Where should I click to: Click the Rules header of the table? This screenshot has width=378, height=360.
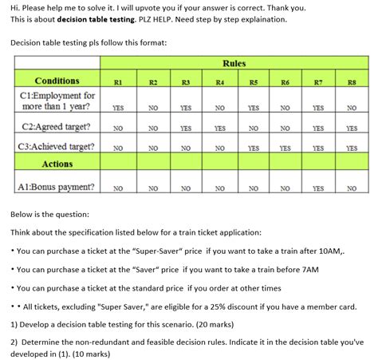click(x=234, y=63)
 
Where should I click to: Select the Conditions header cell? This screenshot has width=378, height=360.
click(x=57, y=81)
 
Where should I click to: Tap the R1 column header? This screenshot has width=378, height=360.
click(x=118, y=81)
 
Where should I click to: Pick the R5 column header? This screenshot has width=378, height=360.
click(x=253, y=81)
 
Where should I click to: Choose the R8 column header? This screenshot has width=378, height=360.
click(x=352, y=81)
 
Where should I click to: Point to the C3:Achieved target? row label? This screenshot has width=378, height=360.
click(x=57, y=146)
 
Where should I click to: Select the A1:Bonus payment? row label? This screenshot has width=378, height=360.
click(x=57, y=187)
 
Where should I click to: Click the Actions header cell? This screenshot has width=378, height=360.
click(x=57, y=164)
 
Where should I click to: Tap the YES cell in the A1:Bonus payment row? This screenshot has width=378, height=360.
click(x=318, y=188)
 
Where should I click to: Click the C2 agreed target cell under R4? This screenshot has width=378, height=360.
click(x=219, y=128)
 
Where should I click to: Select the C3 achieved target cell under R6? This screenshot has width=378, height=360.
click(x=285, y=148)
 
